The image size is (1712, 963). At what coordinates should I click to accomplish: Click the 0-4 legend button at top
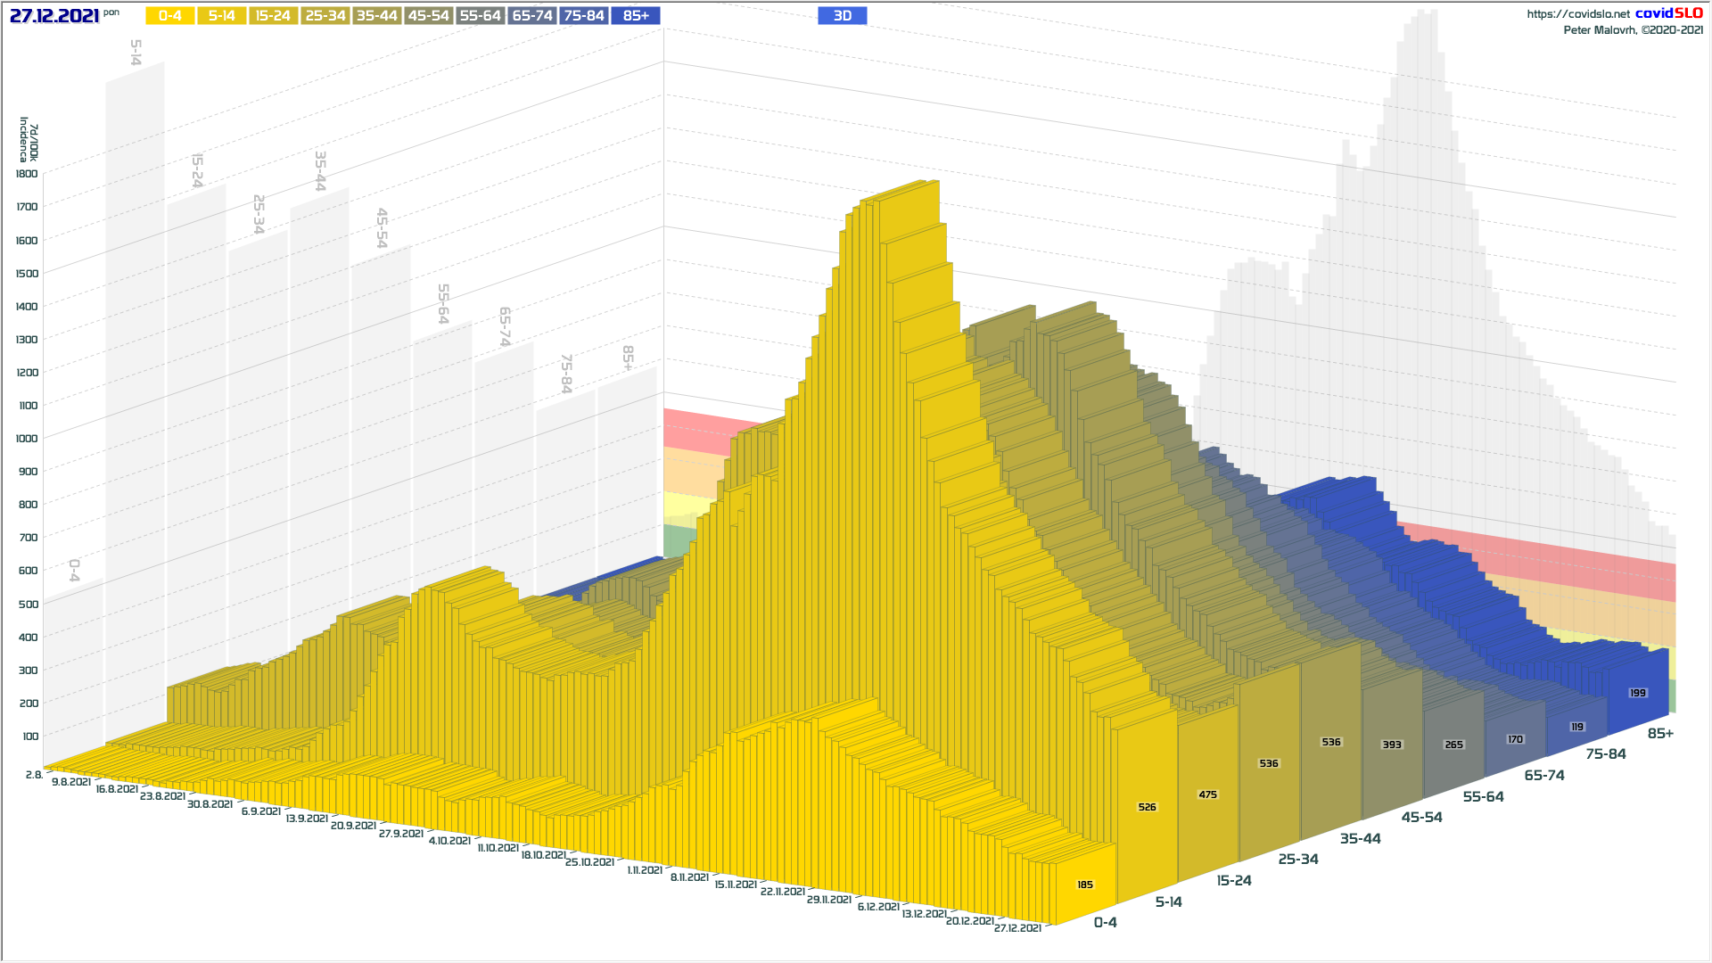[x=169, y=16]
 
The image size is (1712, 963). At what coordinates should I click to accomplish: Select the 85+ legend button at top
[x=636, y=16]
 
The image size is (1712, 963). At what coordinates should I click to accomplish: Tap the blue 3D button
[x=842, y=16]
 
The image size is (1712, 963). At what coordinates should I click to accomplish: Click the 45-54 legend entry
[x=429, y=16]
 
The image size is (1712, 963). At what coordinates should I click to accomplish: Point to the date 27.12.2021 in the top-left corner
[x=54, y=16]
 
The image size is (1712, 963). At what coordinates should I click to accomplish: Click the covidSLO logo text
[x=1668, y=13]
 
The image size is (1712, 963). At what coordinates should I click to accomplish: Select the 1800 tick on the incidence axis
[x=27, y=174]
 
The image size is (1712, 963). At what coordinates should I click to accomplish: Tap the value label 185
[x=1084, y=885]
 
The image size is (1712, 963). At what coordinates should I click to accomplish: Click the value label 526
[x=1147, y=808]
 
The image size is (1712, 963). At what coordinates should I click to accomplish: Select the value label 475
[x=1207, y=795]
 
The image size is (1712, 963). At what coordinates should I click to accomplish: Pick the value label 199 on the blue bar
[x=1637, y=694]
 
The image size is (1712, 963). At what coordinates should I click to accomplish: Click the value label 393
[x=1391, y=745]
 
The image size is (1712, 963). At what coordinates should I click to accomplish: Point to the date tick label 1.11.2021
[x=644, y=870]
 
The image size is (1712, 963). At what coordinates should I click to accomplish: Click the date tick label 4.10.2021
[x=449, y=841]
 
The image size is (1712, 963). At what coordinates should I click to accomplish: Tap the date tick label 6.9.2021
[x=260, y=811]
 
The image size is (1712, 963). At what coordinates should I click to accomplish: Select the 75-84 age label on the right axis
[x=1605, y=754]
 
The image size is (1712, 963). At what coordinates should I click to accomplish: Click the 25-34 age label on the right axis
[x=1297, y=860]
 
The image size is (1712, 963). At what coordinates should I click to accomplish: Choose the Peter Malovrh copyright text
[x=1633, y=30]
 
